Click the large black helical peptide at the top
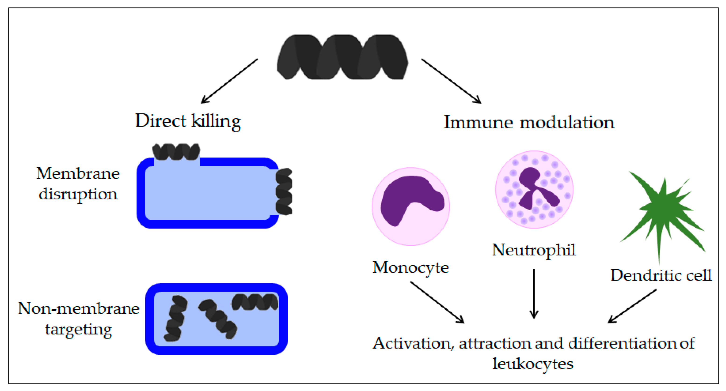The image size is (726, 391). coord(342,57)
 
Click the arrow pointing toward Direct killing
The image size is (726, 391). coord(229,81)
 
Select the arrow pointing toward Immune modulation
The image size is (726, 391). coord(451,81)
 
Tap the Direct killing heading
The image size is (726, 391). coord(188,121)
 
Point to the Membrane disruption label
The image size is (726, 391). coord(78,183)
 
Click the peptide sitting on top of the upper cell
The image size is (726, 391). coord(176,152)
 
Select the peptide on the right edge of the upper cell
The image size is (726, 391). coord(284,191)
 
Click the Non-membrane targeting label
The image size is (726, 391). coord(78,319)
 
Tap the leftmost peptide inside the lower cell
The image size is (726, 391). coord(175,318)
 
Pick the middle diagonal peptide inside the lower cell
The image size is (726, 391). coord(218,319)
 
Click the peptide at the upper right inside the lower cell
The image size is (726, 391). coord(255,302)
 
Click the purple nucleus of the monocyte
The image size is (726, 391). coord(409,197)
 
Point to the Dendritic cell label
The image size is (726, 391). coord(661,275)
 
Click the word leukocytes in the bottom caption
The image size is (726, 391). coord(533,364)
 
